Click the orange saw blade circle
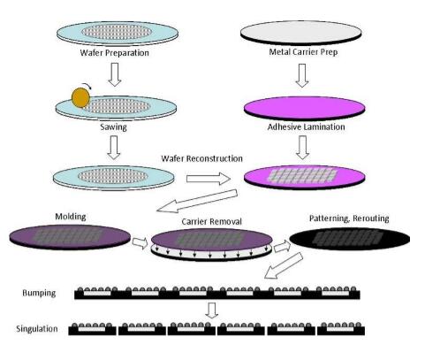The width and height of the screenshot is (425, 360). click(x=80, y=97)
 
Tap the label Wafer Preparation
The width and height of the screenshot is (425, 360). click(x=114, y=53)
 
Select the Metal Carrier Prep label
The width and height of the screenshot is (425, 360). click(x=303, y=52)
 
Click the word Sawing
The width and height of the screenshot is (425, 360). click(x=113, y=127)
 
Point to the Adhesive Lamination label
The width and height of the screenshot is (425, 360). click(x=306, y=127)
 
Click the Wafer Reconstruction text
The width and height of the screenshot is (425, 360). click(x=201, y=158)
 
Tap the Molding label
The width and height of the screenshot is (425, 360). click(x=71, y=217)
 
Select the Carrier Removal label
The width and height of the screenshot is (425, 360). click(x=211, y=221)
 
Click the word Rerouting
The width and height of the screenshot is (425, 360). click(x=371, y=218)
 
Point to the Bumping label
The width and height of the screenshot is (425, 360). click(x=39, y=293)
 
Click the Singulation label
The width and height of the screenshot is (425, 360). click(x=37, y=329)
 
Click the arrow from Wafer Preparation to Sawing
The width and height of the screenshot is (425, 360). click(x=115, y=74)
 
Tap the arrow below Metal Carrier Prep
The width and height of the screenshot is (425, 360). click(x=302, y=75)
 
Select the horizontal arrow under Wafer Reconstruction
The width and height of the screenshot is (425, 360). click(x=209, y=179)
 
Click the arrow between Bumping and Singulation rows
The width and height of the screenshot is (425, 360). click(x=212, y=310)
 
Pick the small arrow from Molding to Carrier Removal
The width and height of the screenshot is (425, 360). click(x=140, y=242)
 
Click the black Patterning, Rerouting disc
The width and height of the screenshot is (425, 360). click(x=350, y=238)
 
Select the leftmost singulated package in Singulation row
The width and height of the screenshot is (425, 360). click(x=93, y=329)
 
